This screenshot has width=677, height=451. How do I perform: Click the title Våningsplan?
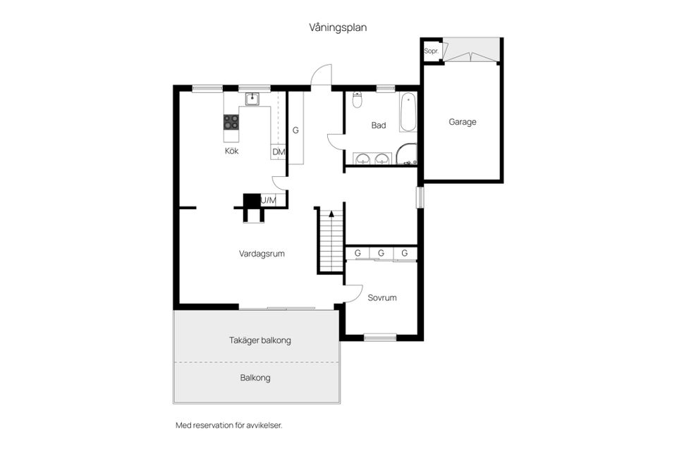(x=338, y=27)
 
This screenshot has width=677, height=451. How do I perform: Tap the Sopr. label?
(x=431, y=51)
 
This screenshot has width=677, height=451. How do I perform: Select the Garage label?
(x=463, y=122)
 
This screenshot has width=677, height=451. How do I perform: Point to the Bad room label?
(x=379, y=125)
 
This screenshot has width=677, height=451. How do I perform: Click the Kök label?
(x=231, y=151)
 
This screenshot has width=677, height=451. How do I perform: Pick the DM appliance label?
(x=278, y=152)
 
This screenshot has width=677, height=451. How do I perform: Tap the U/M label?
(x=269, y=201)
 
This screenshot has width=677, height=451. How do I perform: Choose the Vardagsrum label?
(x=262, y=254)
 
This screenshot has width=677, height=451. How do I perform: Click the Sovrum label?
(x=382, y=297)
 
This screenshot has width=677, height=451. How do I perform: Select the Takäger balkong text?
(x=260, y=340)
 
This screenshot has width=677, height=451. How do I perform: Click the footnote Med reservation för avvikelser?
(x=233, y=426)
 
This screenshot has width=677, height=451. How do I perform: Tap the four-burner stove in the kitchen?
(x=231, y=122)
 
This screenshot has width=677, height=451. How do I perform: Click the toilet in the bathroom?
(x=358, y=99)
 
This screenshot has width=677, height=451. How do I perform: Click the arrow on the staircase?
(x=330, y=213)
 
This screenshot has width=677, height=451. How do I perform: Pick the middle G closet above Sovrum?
(x=381, y=253)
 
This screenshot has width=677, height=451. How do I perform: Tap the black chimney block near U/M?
(x=251, y=201)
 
